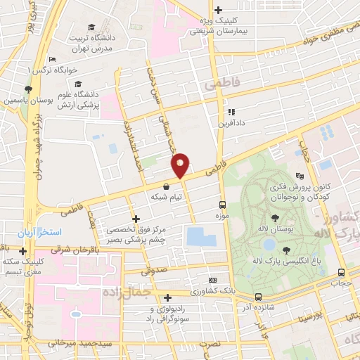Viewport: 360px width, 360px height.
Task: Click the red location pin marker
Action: [180, 165]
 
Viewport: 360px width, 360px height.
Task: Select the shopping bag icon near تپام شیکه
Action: [166, 187]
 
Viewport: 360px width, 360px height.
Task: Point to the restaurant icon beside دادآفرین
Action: [230, 111]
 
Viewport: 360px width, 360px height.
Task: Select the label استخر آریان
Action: [41, 233]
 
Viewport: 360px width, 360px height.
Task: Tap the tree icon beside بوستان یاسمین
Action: [27, 89]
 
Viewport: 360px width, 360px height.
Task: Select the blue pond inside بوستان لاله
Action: [268, 244]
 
